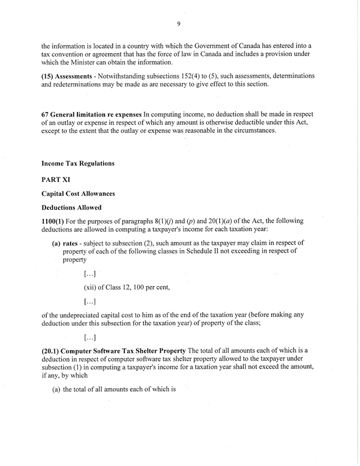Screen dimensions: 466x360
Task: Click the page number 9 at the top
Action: coord(179,23)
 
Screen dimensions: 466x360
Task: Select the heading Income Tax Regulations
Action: coord(77,163)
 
